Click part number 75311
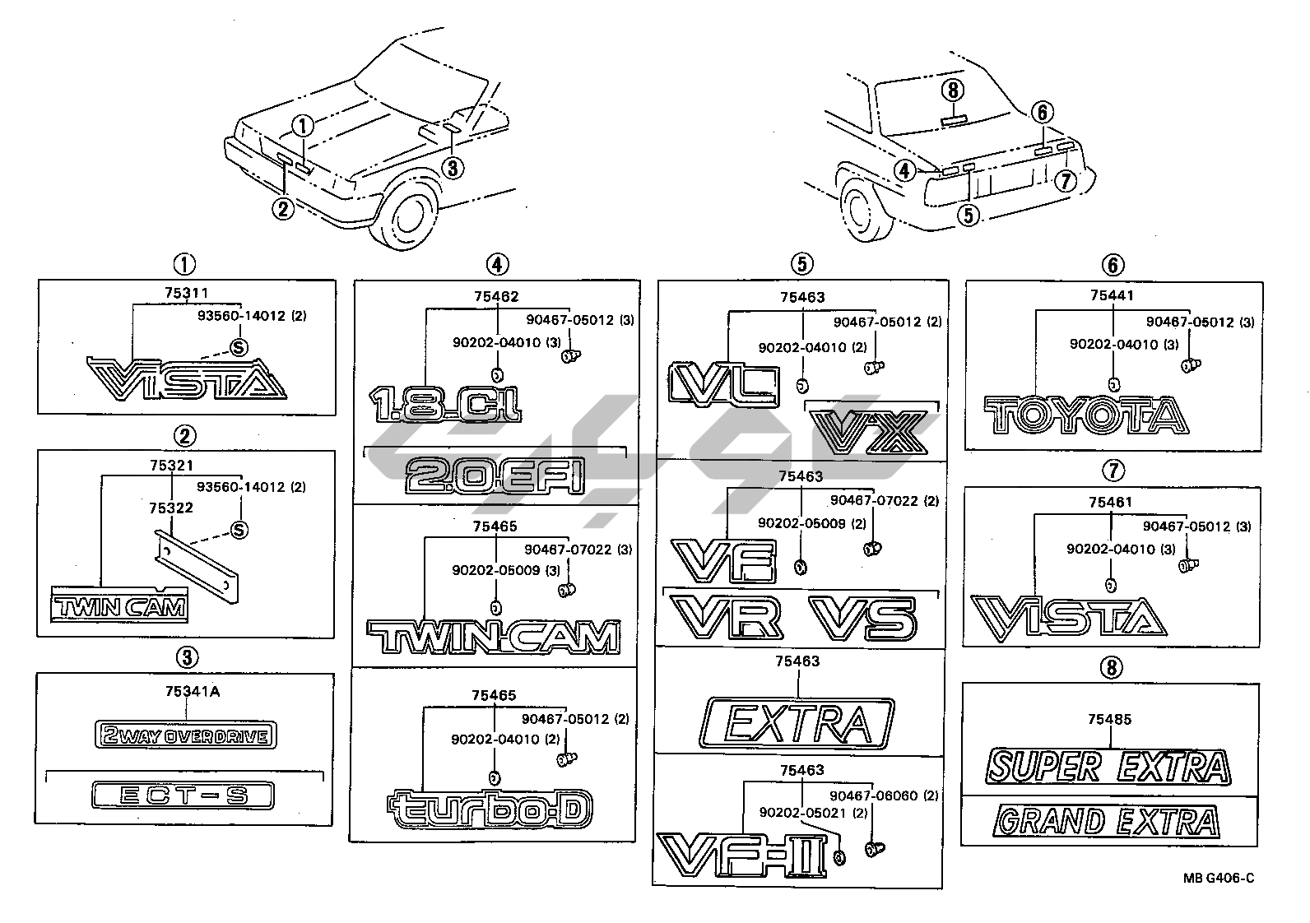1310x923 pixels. click(x=185, y=292)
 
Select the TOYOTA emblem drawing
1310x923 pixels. click(x=1085, y=415)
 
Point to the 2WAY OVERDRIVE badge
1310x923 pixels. click(x=186, y=735)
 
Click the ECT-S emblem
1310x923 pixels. click(x=182, y=795)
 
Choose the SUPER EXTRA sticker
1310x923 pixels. click(x=1109, y=767)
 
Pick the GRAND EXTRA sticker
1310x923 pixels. click(x=1107, y=821)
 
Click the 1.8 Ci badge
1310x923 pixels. click(x=445, y=404)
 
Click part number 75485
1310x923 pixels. click(x=1109, y=719)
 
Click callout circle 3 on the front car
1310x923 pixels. click(x=452, y=168)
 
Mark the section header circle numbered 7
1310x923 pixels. click(x=1112, y=471)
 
